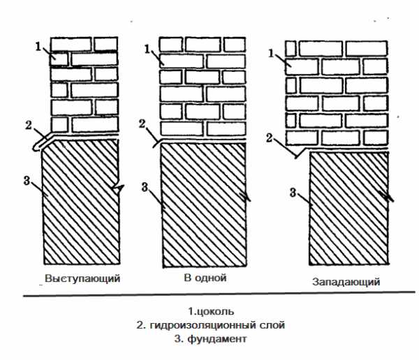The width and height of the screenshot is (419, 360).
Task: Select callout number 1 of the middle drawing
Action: [x=147, y=48]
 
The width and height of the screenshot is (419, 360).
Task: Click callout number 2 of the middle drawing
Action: [x=142, y=123]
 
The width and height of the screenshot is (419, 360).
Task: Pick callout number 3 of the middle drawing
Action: [x=144, y=186]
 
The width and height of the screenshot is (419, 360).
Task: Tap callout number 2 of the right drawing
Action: [x=270, y=137]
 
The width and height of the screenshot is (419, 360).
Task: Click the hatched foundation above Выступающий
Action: [x=80, y=209]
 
